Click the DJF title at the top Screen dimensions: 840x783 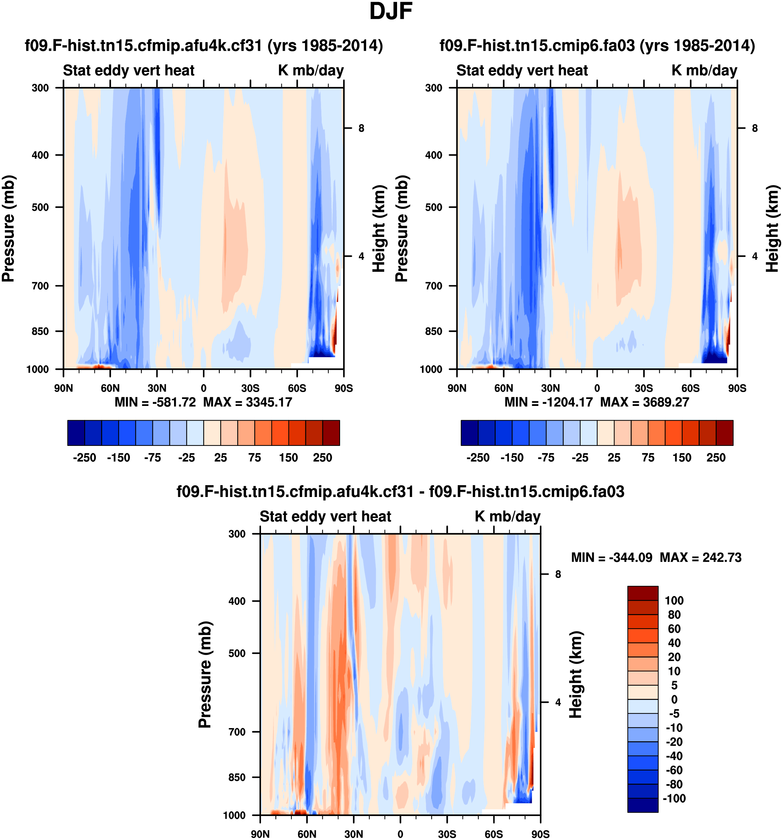tap(391, 12)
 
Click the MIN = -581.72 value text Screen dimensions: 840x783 tap(155, 402)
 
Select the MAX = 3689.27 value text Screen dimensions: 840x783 tap(644, 402)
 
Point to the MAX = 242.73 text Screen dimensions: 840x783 tap(700, 558)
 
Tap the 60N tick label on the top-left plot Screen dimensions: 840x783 tap(110, 388)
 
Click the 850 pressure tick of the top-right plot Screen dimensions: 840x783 tap(434, 331)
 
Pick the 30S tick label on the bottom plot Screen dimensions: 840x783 tap(447, 834)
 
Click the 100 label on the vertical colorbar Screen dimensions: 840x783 tap(674, 601)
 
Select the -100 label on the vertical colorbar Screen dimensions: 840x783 tap(674, 798)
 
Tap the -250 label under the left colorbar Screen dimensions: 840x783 tap(84, 458)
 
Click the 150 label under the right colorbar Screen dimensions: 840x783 tap(682, 458)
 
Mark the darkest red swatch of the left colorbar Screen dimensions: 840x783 tap(331, 433)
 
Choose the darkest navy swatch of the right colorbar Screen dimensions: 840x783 tap(469, 433)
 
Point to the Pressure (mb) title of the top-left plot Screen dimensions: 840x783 tap(8, 228)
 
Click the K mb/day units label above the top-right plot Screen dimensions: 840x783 tap(704, 70)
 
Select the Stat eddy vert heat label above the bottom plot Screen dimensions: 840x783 tap(325, 516)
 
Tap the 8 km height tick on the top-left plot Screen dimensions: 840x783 tap(361, 128)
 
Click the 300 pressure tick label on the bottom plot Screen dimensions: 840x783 tap(237, 534)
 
